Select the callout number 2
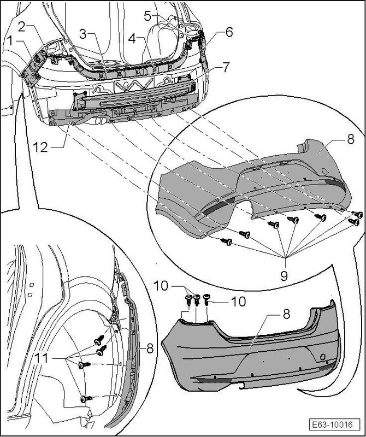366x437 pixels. tap(21, 26)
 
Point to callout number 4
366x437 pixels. tap(132, 39)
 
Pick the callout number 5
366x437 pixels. tap(147, 16)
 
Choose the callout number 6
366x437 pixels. tap(228, 32)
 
